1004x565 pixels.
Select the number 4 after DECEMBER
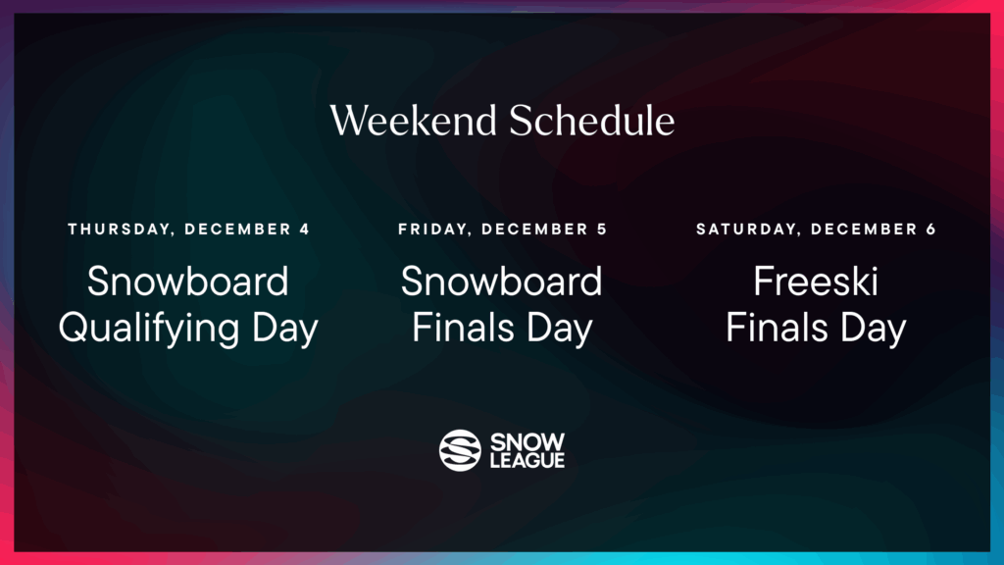(304, 230)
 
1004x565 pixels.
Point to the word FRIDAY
(427, 230)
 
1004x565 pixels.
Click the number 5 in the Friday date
(602, 230)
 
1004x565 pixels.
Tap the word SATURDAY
(736, 230)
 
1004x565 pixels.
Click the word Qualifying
(147, 329)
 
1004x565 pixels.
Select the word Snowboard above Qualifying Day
(188, 282)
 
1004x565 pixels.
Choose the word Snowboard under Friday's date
(502, 282)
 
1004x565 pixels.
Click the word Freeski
(816, 282)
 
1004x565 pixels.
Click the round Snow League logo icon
(460, 450)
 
